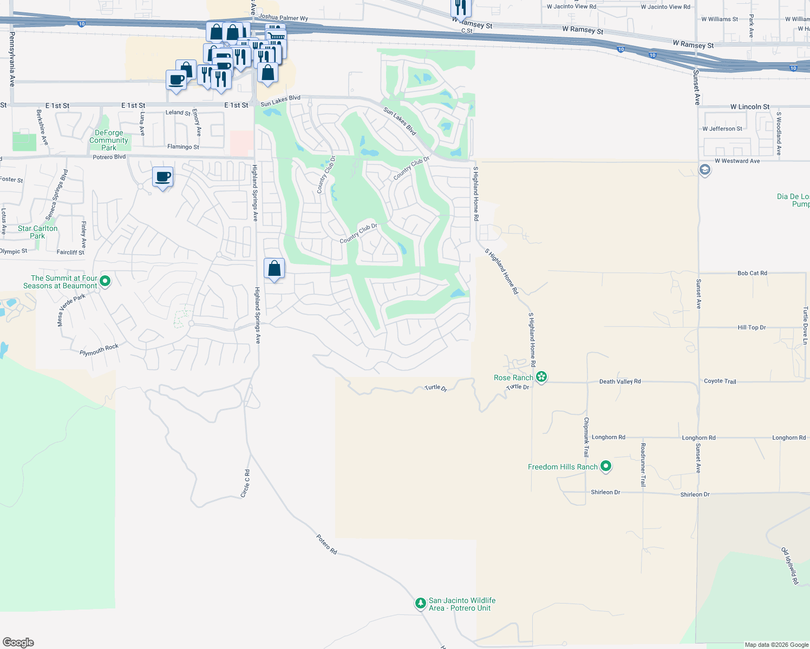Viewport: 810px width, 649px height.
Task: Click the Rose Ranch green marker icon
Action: coord(541,377)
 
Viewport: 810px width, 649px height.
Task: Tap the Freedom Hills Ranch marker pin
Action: coord(606,466)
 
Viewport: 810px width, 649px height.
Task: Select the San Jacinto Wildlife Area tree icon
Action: coord(420,603)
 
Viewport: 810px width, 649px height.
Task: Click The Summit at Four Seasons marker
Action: coord(106,281)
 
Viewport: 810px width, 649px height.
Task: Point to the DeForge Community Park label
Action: coord(109,140)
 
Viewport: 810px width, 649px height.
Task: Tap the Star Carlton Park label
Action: coord(37,232)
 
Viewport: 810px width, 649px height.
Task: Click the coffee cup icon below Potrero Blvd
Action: coord(163,177)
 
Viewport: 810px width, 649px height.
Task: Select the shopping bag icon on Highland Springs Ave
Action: coord(275,268)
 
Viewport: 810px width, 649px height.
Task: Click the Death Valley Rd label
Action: coord(620,382)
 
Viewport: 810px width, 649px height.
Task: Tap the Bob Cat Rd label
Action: coord(752,273)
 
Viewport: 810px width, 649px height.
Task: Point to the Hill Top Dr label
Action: coord(752,327)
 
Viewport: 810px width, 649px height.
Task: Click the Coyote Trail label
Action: coord(720,381)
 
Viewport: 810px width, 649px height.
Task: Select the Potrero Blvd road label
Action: coord(109,157)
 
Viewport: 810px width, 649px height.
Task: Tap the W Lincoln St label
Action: coord(749,107)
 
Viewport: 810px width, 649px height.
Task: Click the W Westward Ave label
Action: coord(737,161)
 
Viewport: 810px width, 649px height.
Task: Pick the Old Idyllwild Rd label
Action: coord(789,566)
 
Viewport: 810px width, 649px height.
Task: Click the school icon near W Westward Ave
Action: coord(704,170)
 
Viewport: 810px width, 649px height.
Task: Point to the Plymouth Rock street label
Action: coord(99,350)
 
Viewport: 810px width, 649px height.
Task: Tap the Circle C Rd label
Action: coord(245,484)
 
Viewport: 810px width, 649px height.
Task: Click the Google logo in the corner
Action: coord(18,642)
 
